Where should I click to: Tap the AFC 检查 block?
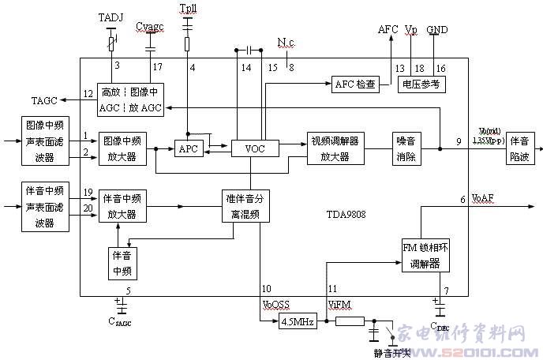pyautogui.click(x=354, y=84)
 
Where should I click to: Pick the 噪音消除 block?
pyautogui.click(x=408, y=148)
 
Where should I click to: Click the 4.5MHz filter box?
pyautogui.click(x=298, y=322)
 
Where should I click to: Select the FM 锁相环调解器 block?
pyautogui.click(x=424, y=256)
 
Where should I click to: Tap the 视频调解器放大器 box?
pyautogui.click(x=335, y=148)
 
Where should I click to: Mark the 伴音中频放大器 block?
pyautogui.click(x=122, y=206)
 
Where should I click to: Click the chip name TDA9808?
pyautogui.click(x=346, y=213)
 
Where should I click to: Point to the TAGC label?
pyautogui.click(x=45, y=101)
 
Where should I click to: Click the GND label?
pyautogui.click(x=436, y=29)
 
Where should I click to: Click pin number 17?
pyautogui.click(x=158, y=66)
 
